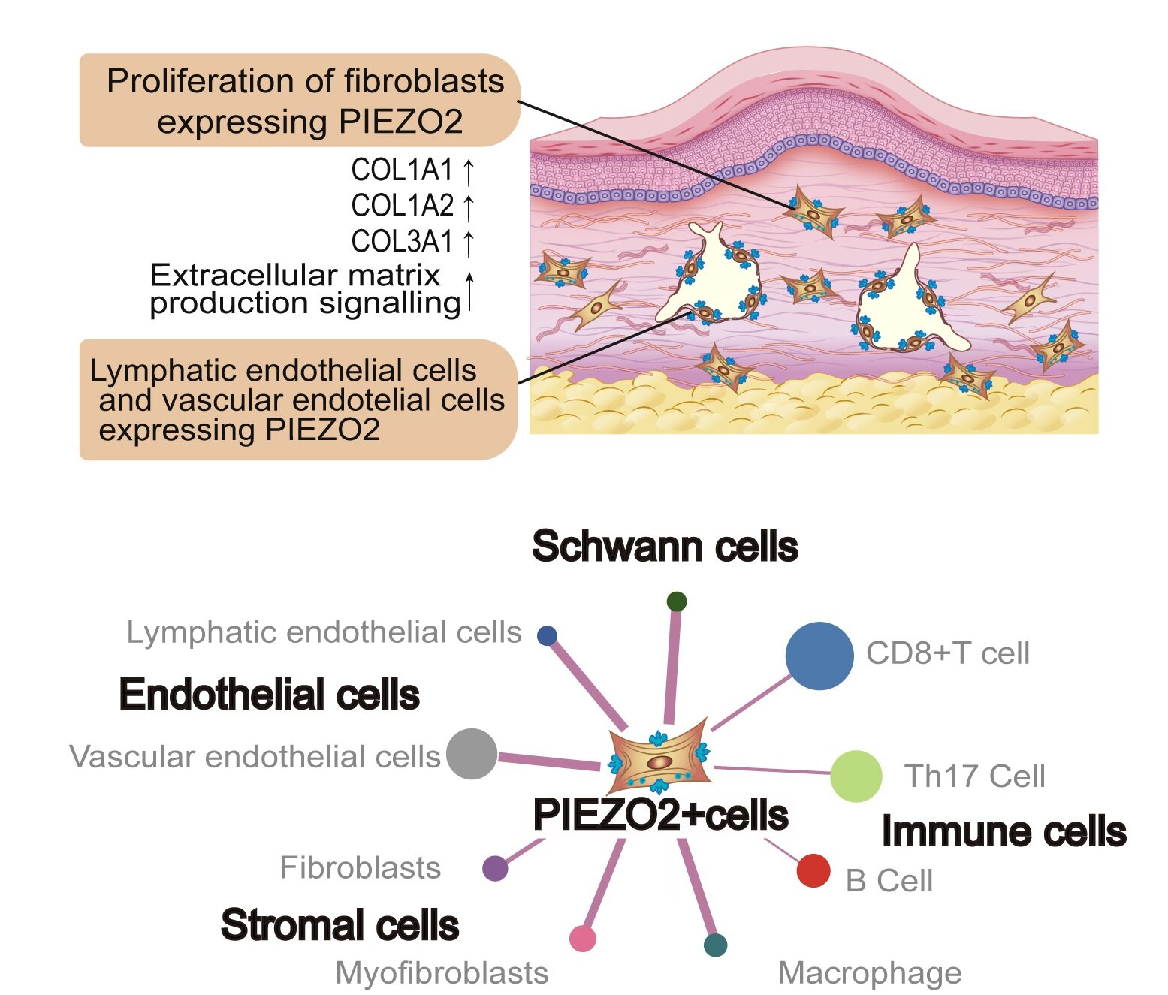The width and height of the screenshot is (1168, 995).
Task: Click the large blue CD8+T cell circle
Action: click(x=819, y=656)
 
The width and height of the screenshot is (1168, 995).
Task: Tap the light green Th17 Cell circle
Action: click(x=856, y=776)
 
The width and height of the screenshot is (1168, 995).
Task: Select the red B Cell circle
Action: click(x=813, y=870)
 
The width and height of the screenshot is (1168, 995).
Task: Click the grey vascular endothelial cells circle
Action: click(x=472, y=753)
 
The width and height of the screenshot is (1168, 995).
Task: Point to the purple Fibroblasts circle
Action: click(x=495, y=868)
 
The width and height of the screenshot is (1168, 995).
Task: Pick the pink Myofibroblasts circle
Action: click(x=582, y=939)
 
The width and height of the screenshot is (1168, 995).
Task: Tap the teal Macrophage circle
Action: click(x=715, y=945)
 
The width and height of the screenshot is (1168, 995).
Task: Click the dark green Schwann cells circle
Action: click(x=676, y=601)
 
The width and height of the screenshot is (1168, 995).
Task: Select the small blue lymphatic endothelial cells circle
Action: click(x=547, y=636)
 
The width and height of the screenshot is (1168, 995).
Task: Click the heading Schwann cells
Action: click(x=664, y=547)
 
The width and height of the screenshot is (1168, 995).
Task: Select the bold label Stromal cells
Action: click(x=340, y=925)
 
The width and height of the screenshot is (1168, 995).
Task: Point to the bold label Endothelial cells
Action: click(x=269, y=695)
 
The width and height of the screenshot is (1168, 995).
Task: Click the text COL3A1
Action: click(x=402, y=242)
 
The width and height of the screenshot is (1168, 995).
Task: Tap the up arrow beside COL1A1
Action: click(x=469, y=171)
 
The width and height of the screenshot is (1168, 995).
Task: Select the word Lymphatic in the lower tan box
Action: click(x=153, y=371)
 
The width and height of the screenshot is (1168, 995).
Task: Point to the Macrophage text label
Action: click(x=870, y=973)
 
